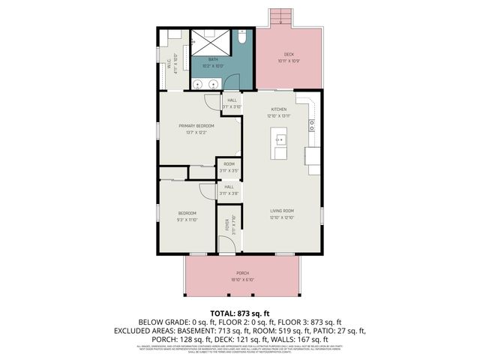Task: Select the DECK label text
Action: [x=289, y=55]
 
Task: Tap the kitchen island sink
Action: [x=280, y=139]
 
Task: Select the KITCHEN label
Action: [x=279, y=109]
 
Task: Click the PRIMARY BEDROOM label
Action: [x=196, y=125]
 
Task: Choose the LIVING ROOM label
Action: [x=282, y=211]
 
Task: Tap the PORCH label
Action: [x=242, y=273]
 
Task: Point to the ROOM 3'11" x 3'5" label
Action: [x=229, y=167]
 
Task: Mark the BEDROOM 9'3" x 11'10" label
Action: [x=187, y=215]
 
